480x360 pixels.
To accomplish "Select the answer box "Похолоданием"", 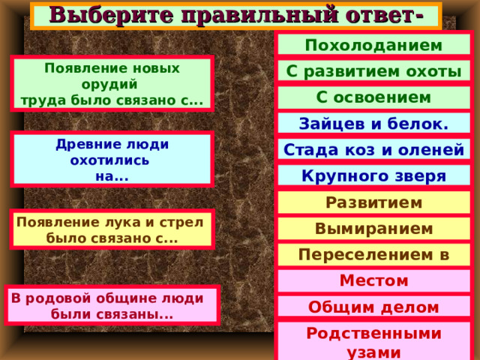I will pos(373,44).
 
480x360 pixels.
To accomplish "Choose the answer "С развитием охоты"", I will pos(373,71).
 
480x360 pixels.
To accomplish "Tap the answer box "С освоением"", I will pos(373,97).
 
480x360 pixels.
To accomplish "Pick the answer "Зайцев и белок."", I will pos(373,124).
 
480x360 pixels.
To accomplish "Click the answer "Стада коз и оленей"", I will pos(373,150).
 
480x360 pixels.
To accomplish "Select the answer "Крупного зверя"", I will pos(373,176).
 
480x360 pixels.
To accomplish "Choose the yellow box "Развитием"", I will pos(373,202).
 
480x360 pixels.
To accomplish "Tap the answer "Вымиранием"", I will pos(373,228).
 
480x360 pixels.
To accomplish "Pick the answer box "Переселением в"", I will pos(373,254).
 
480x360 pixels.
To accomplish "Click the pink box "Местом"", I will pos(373,280).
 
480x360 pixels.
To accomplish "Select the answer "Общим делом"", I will pos(373,306).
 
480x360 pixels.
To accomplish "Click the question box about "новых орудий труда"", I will pos(112,83).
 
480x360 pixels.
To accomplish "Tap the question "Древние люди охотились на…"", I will pos(112,160).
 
